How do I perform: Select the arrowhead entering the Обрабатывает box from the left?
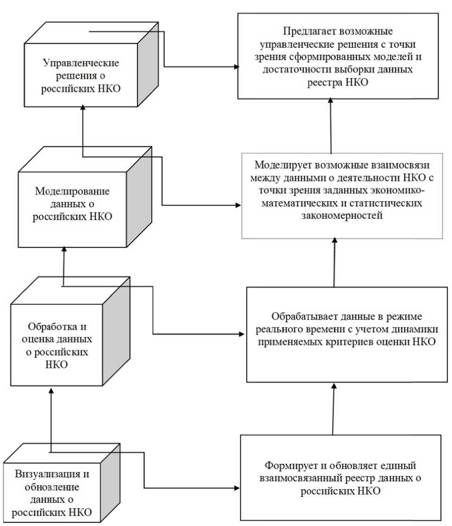click(243, 333)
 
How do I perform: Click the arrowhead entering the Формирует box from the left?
click(237, 488)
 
